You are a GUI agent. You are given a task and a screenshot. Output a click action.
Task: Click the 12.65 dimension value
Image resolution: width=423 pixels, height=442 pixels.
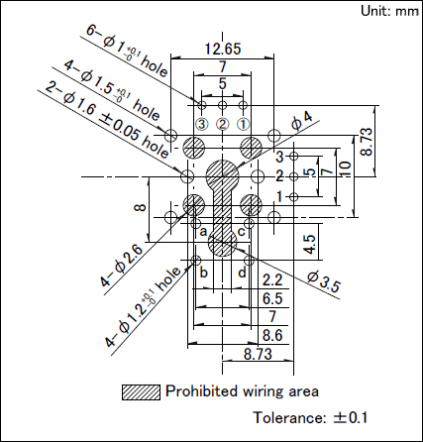tap(223, 49)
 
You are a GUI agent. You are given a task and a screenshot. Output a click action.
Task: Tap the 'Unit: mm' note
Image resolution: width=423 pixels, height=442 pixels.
tap(389, 11)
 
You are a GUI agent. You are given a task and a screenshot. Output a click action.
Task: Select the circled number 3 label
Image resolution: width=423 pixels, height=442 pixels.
tap(202, 125)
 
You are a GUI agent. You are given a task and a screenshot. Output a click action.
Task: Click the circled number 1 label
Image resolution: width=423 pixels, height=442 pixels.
tap(244, 125)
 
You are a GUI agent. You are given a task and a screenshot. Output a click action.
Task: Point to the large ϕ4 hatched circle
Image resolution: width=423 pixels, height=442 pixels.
tap(222, 176)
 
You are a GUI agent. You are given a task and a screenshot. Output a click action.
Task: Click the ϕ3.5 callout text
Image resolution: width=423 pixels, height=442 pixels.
tap(323, 281)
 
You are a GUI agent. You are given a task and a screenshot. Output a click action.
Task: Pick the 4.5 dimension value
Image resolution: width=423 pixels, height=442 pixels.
tap(310, 245)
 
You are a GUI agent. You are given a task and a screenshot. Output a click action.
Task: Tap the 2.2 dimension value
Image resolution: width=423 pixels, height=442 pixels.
tap(272, 280)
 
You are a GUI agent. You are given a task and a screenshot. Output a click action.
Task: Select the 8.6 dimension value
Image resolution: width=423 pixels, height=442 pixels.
tap(272, 335)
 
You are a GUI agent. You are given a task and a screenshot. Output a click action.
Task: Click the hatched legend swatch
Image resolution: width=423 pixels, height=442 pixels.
tap(141, 392)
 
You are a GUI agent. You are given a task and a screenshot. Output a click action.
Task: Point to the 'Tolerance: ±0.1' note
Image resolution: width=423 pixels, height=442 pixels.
tap(310, 417)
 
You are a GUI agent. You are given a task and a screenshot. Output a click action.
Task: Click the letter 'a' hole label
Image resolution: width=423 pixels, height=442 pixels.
tap(203, 231)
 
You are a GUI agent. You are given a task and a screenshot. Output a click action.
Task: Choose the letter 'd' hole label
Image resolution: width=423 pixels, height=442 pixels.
tap(243, 273)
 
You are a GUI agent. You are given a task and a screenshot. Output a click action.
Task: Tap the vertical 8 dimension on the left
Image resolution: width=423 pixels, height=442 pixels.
tap(140, 208)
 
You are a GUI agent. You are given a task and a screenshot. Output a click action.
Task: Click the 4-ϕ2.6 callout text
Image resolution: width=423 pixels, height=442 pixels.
tap(122, 266)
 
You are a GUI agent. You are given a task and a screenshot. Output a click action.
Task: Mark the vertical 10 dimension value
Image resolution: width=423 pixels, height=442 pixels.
tap(345, 169)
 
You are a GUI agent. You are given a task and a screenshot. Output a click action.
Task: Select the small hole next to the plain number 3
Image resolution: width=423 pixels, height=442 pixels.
tap(293, 156)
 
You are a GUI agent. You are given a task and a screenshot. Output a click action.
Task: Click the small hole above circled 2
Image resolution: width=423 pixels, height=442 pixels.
tap(223, 106)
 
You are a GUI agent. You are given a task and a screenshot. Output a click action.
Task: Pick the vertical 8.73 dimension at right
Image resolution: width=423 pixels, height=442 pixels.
tap(367, 142)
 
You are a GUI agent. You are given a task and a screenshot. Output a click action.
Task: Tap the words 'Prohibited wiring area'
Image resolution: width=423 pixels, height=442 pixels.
tap(242, 391)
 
